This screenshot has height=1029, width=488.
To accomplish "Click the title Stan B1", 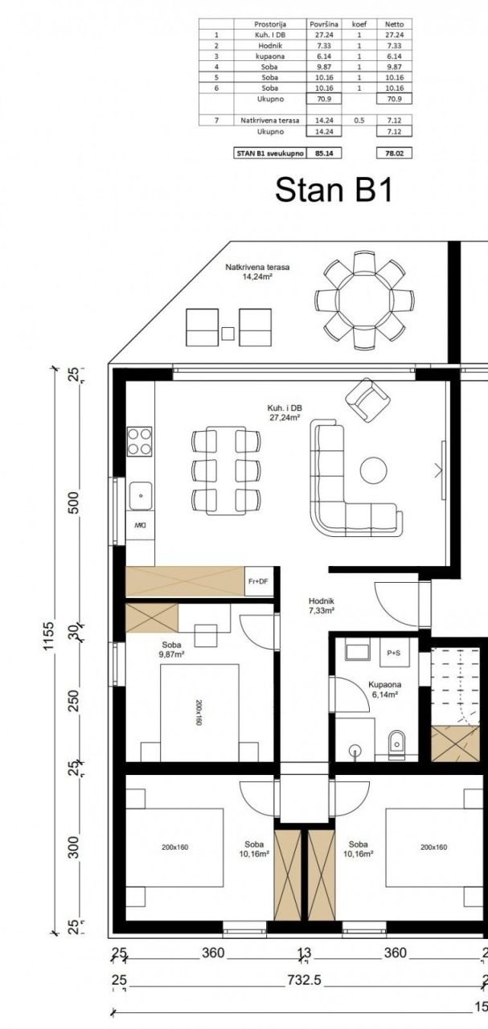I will pyautogui.click(x=333, y=190).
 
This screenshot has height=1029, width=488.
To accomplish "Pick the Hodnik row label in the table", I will pyautogui.click(x=269, y=46).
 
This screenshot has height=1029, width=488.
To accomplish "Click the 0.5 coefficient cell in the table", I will pyautogui.click(x=359, y=120).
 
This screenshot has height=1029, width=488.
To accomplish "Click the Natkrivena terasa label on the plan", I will pyautogui.click(x=257, y=272).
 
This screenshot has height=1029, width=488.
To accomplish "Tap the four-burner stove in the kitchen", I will pyautogui.click(x=139, y=441).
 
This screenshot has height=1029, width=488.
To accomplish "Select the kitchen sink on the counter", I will pyautogui.click(x=140, y=496).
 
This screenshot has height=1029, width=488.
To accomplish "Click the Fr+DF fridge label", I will pyautogui.click(x=257, y=581).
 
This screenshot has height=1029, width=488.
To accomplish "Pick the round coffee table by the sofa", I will pyautogui.click(x=374, y=470).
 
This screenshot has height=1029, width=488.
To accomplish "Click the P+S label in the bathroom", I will pyautogui.click(x=394, y=653).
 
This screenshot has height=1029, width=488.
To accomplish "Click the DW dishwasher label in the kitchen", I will pyautogui.click(x=140, y=525).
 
